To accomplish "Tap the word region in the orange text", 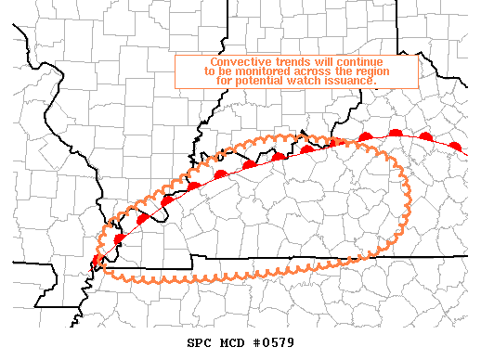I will [371, 71].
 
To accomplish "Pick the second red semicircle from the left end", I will [119, 238].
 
